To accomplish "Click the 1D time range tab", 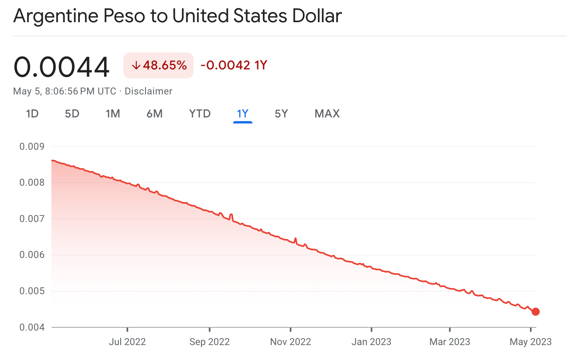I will tap(32, 114).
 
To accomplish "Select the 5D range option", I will tap(72, 114).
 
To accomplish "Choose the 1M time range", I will tap(113, 114).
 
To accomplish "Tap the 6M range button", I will tap(154, 114).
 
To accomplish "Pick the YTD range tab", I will tap(200, 114).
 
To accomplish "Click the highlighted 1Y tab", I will tap(242, 114).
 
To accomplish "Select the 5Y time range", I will tap(281, 114).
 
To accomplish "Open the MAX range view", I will tap(327, 114).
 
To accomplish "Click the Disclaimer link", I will tap(148, 91).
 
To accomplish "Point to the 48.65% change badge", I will tap(158, 65).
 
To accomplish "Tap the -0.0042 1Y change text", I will tap(234, 65).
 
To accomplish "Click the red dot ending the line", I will tap(536, 312).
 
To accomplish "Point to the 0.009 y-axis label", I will tap(32, 147).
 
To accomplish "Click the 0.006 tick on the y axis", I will tap(32, 255).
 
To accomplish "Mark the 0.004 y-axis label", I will tap(32, 327).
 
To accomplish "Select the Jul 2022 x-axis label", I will tap(127, 342).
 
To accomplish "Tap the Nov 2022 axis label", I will tap(290, 342).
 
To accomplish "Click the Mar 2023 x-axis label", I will tap(450, 342).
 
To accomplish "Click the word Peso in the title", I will tap(124, 16).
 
